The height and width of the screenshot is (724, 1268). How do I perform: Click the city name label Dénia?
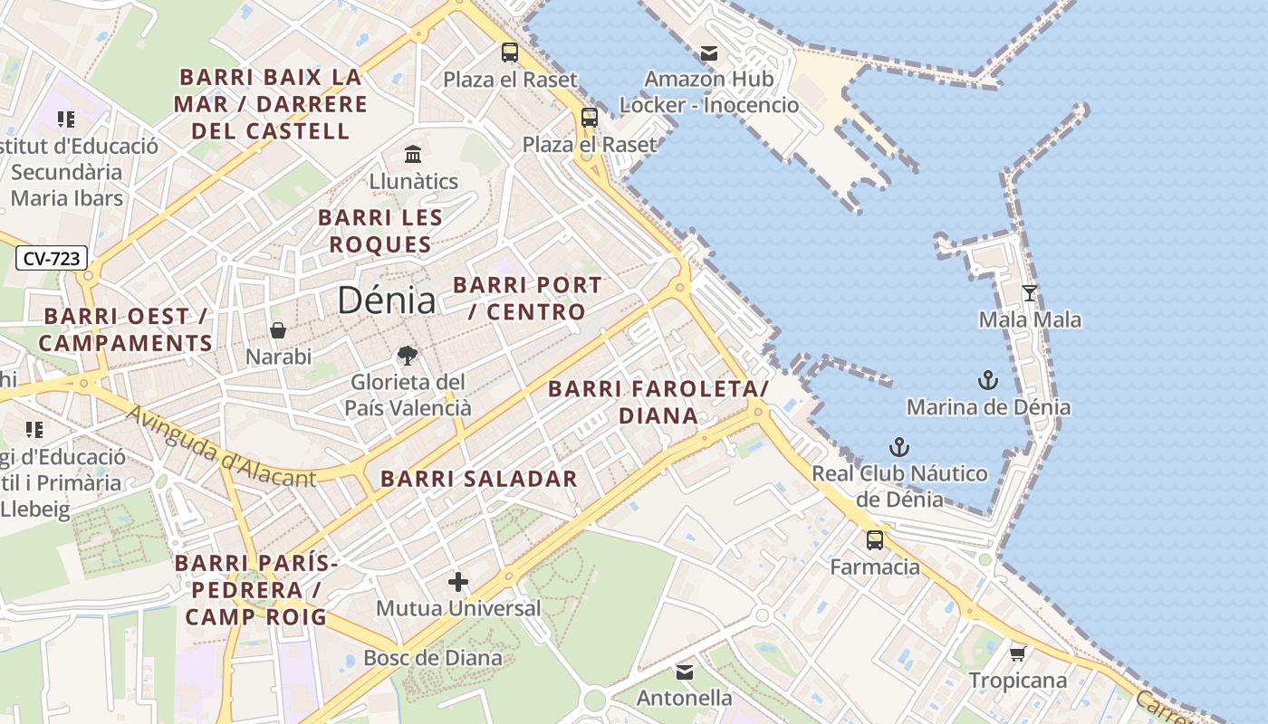pyautogui.click(x=386, y=300)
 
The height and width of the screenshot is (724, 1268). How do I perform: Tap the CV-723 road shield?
pyautogui.click(x=52, y=259)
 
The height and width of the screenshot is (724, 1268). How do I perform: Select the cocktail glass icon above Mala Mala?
pyautogui.click(x=1030, y=292)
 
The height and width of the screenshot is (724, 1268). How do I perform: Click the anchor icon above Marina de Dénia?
pyautogui.click(x=987, y=380)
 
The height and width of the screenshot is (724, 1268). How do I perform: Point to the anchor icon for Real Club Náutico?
pyautogui.click(x=898, y=447)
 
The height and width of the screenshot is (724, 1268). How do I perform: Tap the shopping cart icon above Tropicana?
pyautogui.click(x=1017, y=653)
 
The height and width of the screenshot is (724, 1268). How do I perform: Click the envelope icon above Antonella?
pyautogui.click(x=684, y=672)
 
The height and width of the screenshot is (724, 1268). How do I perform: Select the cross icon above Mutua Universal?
pyautogui.click(x=458, y=582)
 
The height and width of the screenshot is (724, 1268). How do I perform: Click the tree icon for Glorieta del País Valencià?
pyautogui.click(x=408, y=356)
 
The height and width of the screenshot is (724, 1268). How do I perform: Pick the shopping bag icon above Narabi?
pyautogui.click(x=278, y=330)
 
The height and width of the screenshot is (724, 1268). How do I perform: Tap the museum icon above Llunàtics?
pyautogui.click(x=413, y=154)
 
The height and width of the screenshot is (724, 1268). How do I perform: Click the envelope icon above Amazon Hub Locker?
pyautogui.click(x=709, y=53)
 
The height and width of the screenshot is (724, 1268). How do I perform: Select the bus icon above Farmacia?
pyautogui.click(x=875, y=540)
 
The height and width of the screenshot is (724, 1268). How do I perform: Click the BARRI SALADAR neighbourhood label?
pyautogui.click(x=478, y=480)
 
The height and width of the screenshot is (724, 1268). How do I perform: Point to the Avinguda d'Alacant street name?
pyautogui.click(x=221, y=448)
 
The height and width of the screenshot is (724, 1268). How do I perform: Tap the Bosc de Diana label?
pyautogui.click(x=432, y=658)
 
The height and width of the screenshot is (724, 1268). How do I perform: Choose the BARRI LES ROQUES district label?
pyautogui.click(x=380, y=231)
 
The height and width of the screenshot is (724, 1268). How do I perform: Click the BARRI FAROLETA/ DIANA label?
pyautogui.click(x=658, y=403)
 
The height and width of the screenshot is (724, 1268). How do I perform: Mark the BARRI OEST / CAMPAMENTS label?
pyautogui.click(x=125, y=330)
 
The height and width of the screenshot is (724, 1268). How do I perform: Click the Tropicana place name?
pyautogui.click(x=1017, y=681)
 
